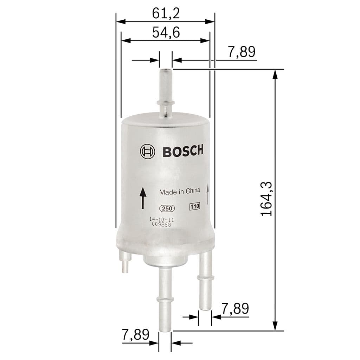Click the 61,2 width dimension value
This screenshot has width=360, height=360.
tap(166, 13)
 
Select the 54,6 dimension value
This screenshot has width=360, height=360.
tap(166, 32)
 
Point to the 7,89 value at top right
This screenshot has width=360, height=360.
tap(241, 52)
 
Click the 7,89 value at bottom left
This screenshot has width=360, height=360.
tap(135, 334)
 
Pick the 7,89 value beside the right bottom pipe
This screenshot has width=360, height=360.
tap(235, 309)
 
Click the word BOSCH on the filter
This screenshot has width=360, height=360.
tap(182, 151)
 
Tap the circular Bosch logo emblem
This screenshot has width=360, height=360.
tap(147, 152)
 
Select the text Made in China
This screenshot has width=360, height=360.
tap(179, 192)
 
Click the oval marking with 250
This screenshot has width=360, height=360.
tap(167, 208)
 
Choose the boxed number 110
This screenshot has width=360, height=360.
tap(194, 207)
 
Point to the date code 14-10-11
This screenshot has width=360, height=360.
tap(162, 220)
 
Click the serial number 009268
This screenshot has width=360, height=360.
tap(161, 225)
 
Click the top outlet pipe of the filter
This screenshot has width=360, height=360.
tap(166, 93)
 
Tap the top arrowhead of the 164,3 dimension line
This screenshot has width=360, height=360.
tap(275, 74)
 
